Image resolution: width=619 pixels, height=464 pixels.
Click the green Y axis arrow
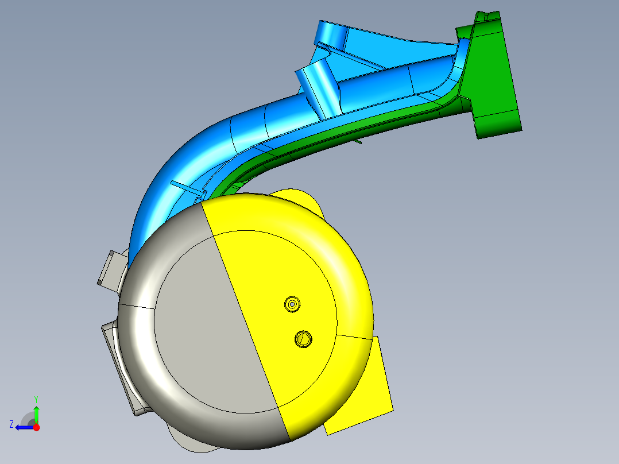(36, 414)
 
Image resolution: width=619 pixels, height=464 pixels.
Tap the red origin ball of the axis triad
(37, 427)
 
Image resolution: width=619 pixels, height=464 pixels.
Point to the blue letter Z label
(11, 424)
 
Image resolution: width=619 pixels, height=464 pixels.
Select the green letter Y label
(36, 399)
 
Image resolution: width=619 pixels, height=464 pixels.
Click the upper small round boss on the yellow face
(293, 304)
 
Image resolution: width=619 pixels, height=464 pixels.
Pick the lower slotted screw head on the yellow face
(303, 339)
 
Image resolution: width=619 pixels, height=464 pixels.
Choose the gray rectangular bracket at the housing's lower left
(123, 368)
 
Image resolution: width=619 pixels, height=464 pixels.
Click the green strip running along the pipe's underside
(345, 129)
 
